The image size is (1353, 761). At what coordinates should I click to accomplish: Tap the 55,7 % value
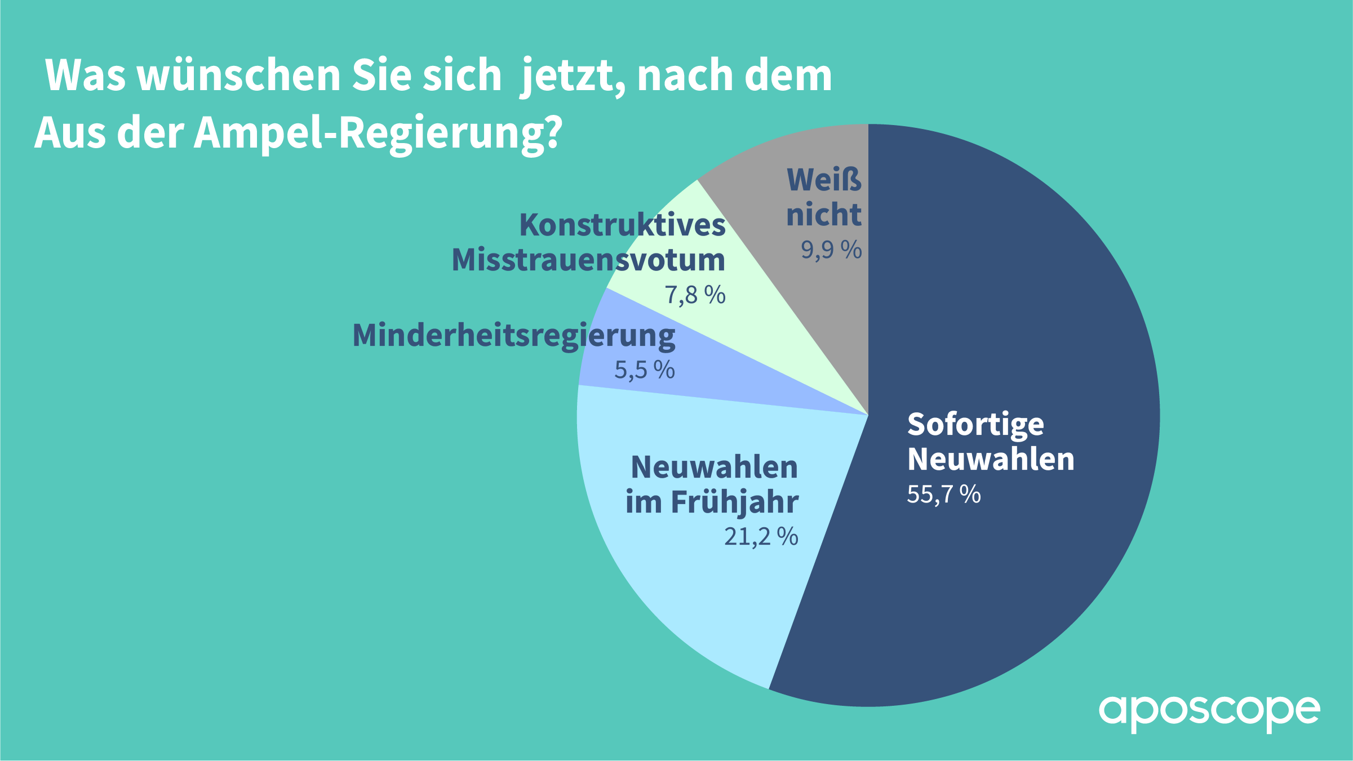tap(943, 494)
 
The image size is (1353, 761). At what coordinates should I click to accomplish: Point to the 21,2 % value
tap(761, 536)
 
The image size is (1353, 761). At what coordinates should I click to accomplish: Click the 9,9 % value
tap(831, 250)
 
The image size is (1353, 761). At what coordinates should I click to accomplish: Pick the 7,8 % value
tap(695, 295)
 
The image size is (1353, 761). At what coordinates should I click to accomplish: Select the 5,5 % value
tap(644, 370)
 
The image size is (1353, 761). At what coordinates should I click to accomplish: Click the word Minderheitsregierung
tap(513, 336)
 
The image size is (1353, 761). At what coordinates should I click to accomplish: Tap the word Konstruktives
tap(622, 225)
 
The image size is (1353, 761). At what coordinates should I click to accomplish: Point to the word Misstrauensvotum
tap(588, 260)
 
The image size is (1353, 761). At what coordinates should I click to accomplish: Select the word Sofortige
tap(975, 425)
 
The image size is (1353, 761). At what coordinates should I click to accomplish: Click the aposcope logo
tap(1209, 712)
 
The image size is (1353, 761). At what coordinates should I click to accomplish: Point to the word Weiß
tap(824, 180)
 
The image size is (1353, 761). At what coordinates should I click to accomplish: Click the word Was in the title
tap(86, 75)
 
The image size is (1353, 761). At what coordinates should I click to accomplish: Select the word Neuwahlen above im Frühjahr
tap(714, 468)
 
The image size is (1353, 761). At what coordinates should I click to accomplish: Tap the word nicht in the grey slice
tap(824, 215)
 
